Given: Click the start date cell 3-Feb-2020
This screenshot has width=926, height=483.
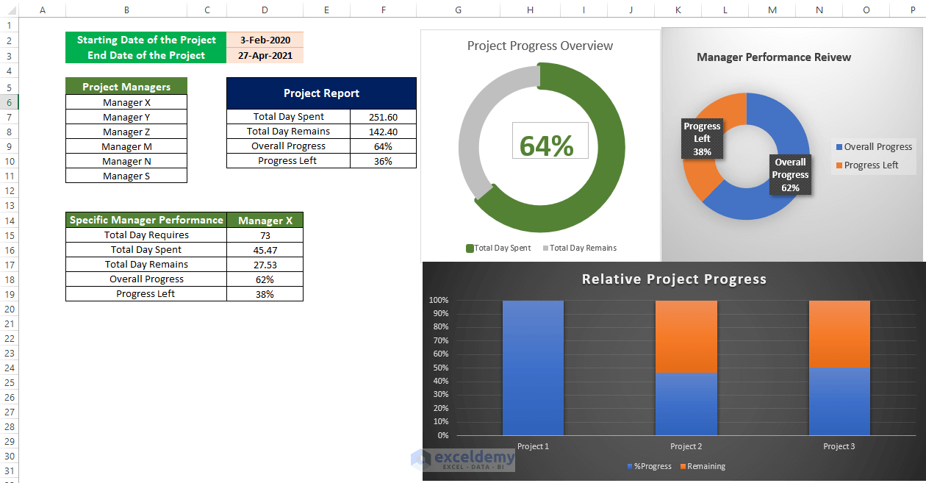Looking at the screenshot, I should point(265,40).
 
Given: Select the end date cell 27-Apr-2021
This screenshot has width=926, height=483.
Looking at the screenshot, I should point(265,55).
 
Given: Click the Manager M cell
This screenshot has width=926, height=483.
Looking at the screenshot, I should point(126,146).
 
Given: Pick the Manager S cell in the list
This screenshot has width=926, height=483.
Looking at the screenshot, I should point(126,176).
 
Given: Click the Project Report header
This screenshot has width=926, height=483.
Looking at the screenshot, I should point(321,93).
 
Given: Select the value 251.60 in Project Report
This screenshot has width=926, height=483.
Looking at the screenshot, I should point(383,117).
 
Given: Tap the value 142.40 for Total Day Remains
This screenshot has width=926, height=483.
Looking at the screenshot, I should point(383,132).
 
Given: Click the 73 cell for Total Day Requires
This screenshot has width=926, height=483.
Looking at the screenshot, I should point(265,235).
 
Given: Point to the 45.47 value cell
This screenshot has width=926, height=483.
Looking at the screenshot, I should point(265,250).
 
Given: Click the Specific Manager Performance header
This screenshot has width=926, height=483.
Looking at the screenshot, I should point(146,220).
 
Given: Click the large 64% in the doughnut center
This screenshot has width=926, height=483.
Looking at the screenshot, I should point(547,146).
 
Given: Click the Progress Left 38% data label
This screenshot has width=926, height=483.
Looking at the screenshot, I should point(702,139).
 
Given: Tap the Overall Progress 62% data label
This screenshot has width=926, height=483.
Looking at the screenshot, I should point(790,175).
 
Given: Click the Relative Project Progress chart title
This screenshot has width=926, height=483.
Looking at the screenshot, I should point(674,279).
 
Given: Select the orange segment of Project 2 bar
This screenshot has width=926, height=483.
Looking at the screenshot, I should point(686,336).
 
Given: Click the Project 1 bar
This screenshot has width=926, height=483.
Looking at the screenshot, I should point(533,368).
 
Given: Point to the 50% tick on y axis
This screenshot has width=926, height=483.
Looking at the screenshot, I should point(439,368).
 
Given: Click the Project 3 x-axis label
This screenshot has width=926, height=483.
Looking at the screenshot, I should point(839,446).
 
